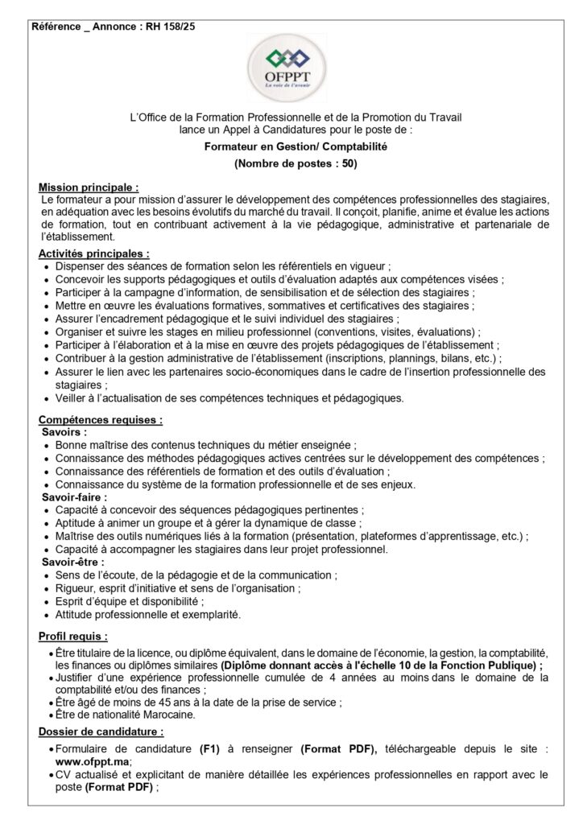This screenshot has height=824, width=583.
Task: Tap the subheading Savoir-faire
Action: [73, 497]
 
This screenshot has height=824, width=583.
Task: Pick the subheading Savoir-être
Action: [72, 562]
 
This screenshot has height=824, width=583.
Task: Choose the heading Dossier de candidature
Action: [101, 731]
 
